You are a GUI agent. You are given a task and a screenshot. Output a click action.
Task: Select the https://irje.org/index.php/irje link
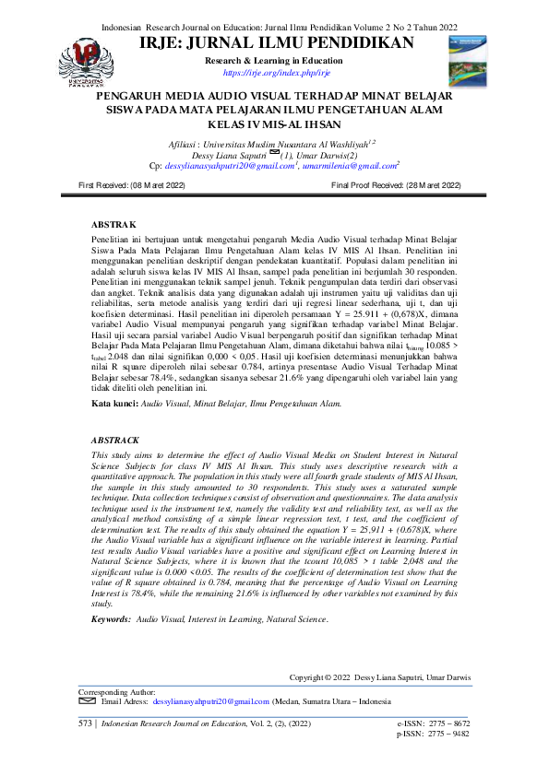[x=276, y=72]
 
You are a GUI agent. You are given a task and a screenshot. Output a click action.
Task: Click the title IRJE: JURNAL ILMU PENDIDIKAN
[x=277, y=43]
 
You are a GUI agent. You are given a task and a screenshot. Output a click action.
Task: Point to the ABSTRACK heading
[x=119, y=441]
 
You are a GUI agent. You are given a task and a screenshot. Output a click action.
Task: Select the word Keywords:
[x=113, y=620]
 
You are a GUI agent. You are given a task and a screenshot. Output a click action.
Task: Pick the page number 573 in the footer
[x=87, y=725]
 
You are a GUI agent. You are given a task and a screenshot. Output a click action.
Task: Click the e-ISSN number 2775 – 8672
[x=448, y=725]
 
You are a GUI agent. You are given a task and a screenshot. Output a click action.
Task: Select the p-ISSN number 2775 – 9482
[x=448, y=735]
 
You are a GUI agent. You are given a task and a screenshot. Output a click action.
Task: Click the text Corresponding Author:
[x=116, y=691]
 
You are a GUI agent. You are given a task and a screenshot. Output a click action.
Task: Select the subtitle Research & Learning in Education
[x=276, y=60]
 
